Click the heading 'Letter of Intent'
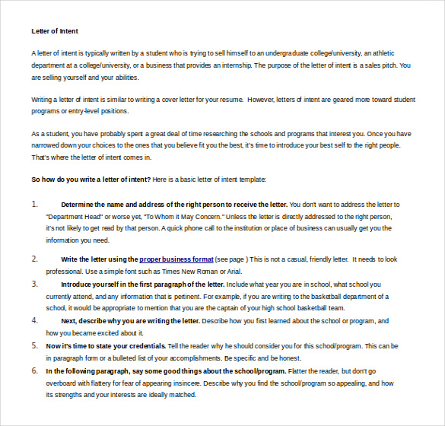(55, 31)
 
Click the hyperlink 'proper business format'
(176, 259)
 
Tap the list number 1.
(35, 205)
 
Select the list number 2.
(35, 259)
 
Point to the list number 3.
(35, 284)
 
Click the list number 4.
(35, 321)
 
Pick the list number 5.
(35, 345)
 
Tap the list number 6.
(35, 370)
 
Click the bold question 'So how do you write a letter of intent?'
(91, 180)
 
